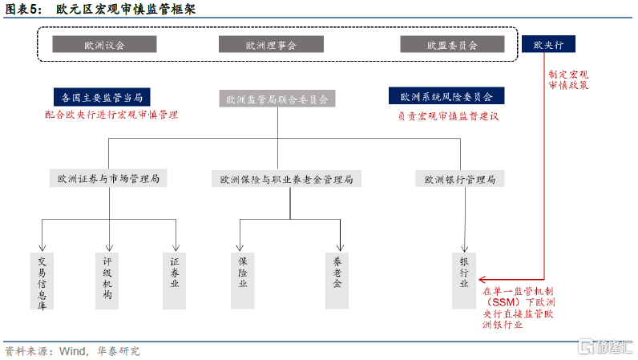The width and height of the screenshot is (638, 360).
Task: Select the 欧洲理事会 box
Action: tap(271, 45)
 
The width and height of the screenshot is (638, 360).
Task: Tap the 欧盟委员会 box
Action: tap(452, 45)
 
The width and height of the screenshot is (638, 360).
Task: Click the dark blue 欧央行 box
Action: tap(549, 45)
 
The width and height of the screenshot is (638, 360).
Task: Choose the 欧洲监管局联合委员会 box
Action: tap(277, 99)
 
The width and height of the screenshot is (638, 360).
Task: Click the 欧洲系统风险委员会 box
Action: tap(451, 97)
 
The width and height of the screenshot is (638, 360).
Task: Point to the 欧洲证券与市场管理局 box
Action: tap(107, 179)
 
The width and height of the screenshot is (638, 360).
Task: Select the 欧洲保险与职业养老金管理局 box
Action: tap(286, 180)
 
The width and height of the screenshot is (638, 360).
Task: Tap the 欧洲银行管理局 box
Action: tap(460, 180)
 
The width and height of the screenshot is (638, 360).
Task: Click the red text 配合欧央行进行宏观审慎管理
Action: tap(111, 115)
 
